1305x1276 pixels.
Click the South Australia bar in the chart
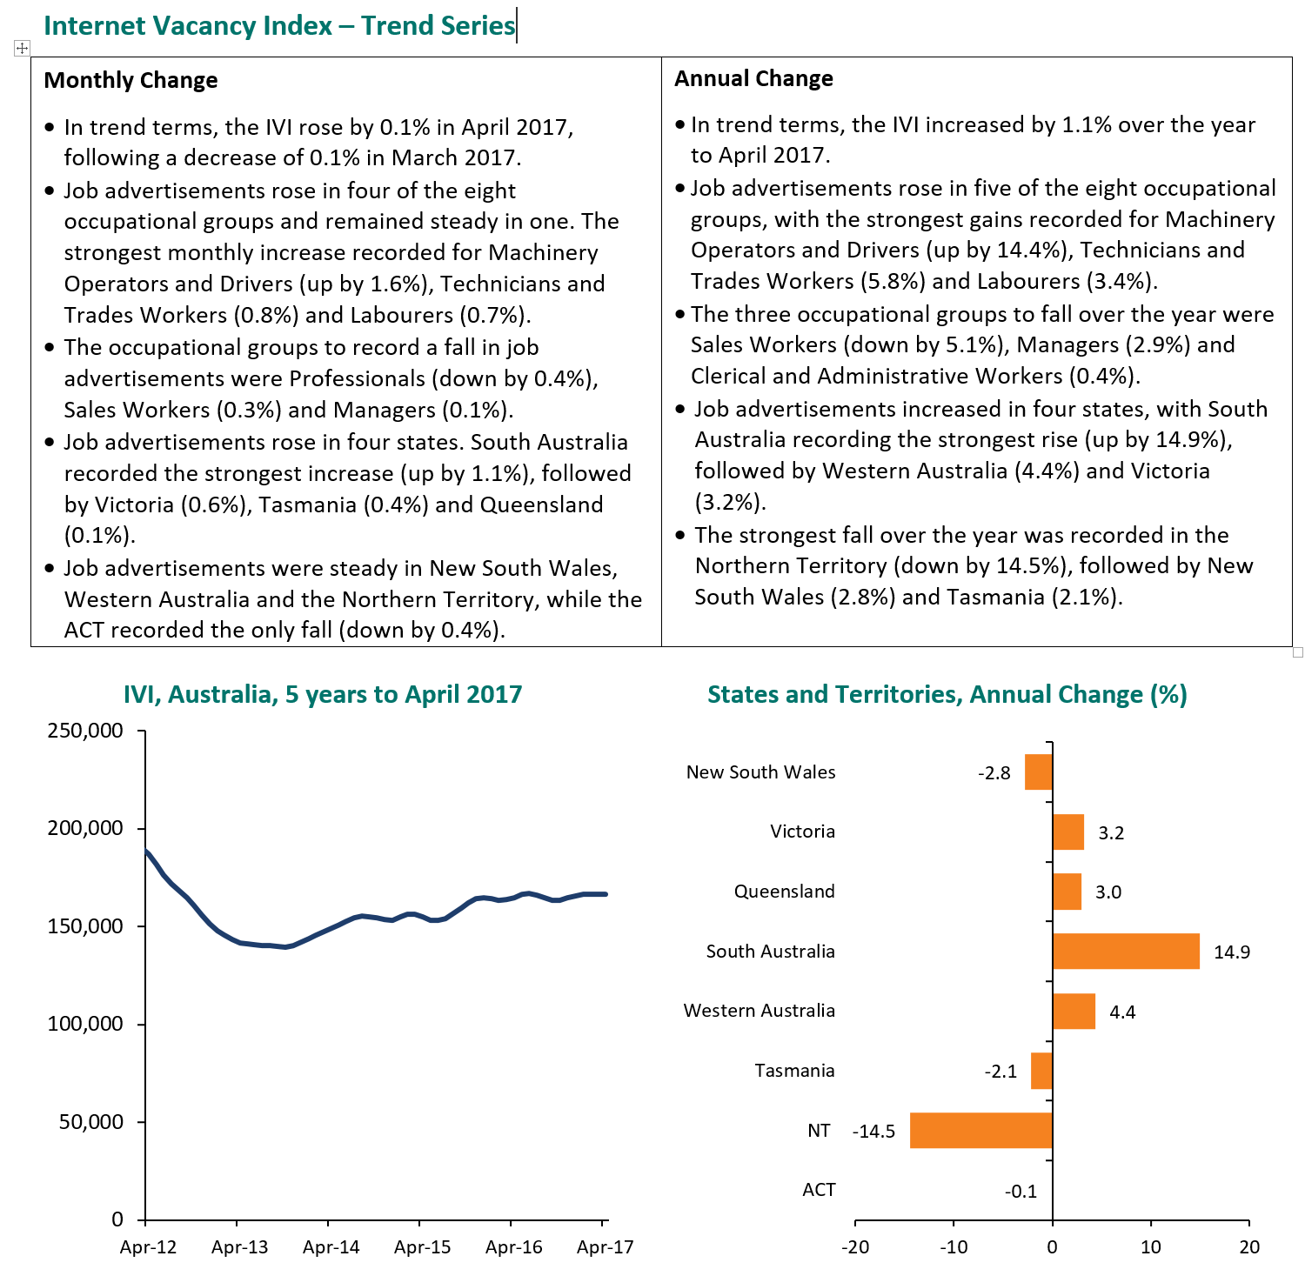coord(1126,951)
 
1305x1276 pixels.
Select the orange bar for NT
coord(980,1130)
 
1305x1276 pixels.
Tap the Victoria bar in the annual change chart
coord(1068,832)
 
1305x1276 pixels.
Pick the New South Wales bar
coord(1039,772)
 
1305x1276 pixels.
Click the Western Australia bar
coord(1074,1011)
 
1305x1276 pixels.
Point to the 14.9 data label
coord(1232,952)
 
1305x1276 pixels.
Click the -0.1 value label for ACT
coord(1021,1191)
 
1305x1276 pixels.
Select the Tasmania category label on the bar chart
coord(794,1070)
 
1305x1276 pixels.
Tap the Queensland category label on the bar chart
coord(784,891)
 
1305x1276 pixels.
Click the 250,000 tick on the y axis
coord(85,730)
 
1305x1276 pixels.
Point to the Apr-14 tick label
coord(331,1246)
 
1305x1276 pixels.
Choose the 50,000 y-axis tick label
coord(90,1121)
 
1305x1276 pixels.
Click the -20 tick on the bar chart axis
coord(855,1246)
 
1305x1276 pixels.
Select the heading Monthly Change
coord(130,80)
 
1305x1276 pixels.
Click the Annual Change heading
coord(753,78)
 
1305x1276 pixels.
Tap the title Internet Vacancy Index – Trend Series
coord(279,25)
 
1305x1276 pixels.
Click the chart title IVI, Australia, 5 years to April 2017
coord(323,694)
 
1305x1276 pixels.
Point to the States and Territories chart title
coord(947,694)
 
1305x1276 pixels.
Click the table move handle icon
coord(23,49)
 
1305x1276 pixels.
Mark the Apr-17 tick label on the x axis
coord(605,1246)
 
